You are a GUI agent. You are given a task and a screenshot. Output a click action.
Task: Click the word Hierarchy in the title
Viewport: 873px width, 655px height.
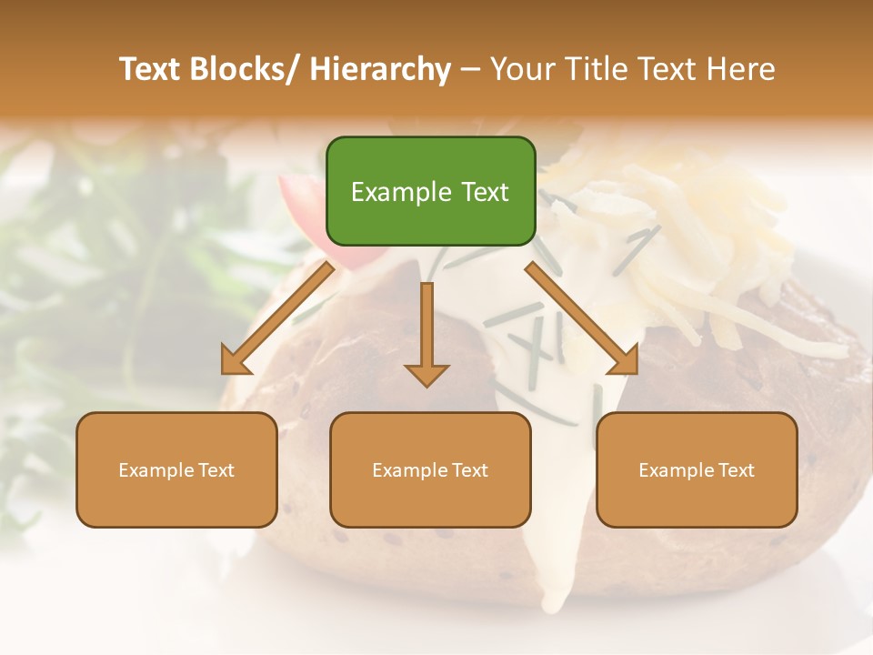(x=380, y=69)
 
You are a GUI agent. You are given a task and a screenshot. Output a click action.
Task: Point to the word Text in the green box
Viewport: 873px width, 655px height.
(x=485, y=193)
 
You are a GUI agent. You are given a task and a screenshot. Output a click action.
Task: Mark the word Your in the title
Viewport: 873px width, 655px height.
(x=520, y=69)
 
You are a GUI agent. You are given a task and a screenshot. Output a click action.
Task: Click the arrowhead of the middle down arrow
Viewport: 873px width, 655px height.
(x=426, y=374)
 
